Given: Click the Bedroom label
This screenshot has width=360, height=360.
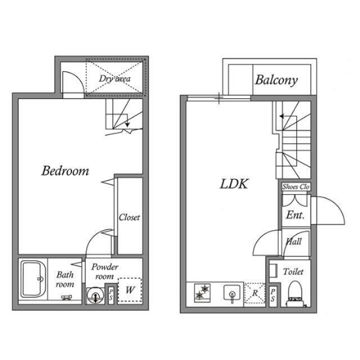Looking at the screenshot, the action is pyautogui.click(x=65, y=171).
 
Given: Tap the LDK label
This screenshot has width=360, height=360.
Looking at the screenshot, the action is pyautogui.click(x=234, y=184).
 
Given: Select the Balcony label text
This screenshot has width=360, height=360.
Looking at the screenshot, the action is pyautogui.click(x=276, y=80).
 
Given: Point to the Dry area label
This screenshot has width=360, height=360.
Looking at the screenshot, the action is pyautogui.click(x=115, y=79).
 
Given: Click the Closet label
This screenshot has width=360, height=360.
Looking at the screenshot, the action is pyautogui.click(x=129, y=217).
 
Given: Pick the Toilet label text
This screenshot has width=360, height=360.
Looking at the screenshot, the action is pyautogui.click(x=293, y=272).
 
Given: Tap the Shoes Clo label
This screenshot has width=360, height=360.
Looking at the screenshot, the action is pyautogui.click(x=296, y=187).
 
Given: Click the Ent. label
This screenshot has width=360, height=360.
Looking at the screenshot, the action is pyautogui.click(x=295, y=215).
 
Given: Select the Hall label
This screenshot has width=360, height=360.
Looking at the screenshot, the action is pyautogui.click(x=294, y=241).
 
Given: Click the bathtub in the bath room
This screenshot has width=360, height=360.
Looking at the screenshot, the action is pyautogui.click(x=33, y=279).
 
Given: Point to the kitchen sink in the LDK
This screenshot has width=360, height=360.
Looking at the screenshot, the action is pyautogui.click(x=232, y=293).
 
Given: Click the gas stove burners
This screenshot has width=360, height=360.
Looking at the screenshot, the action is pyautogui.click(x=202, y=292).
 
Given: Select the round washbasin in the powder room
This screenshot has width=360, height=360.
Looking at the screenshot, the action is pyautogui.click(x=95, y=296).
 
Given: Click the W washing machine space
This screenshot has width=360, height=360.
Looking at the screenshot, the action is pyautogui.click(x=130, y=290).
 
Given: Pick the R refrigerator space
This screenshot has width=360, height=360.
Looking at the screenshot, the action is pyautogui.click(x=254, y=293).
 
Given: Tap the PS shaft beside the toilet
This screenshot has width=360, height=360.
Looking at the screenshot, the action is pyautogui.click(x=273, y=295).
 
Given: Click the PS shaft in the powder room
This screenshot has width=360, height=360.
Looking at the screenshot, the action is pyautogui.click(x=111, y=295).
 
